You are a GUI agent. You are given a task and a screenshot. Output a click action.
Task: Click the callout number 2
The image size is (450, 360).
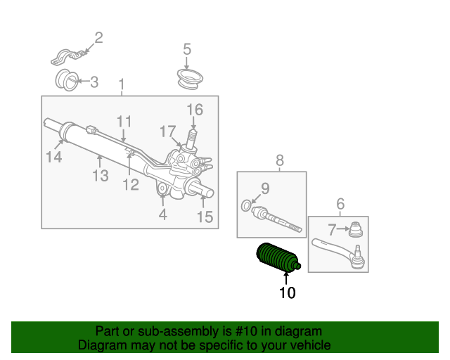click(x=98, y=37)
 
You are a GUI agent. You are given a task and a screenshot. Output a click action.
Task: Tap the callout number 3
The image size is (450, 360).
click(x=94, y=82)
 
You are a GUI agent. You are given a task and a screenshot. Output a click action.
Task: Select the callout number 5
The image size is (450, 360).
click(x=187, y=49)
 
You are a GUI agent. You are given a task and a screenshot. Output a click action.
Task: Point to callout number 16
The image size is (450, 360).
click(x=194, y=110)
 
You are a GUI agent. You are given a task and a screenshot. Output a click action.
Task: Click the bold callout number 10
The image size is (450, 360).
click(x=287, y=292)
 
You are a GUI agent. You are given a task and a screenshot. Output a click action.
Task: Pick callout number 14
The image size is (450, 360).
click(x=54, y=157)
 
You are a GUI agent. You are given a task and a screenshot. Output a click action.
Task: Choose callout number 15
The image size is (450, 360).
click(x=204, y=217)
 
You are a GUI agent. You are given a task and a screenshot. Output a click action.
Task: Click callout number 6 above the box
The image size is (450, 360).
click(x=340, y=205)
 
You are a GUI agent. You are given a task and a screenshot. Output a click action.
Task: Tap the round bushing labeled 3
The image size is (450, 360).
click(x=66, y=79)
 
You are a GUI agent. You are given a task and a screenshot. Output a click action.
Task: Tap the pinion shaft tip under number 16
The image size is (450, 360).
click(x=191, y=133)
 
